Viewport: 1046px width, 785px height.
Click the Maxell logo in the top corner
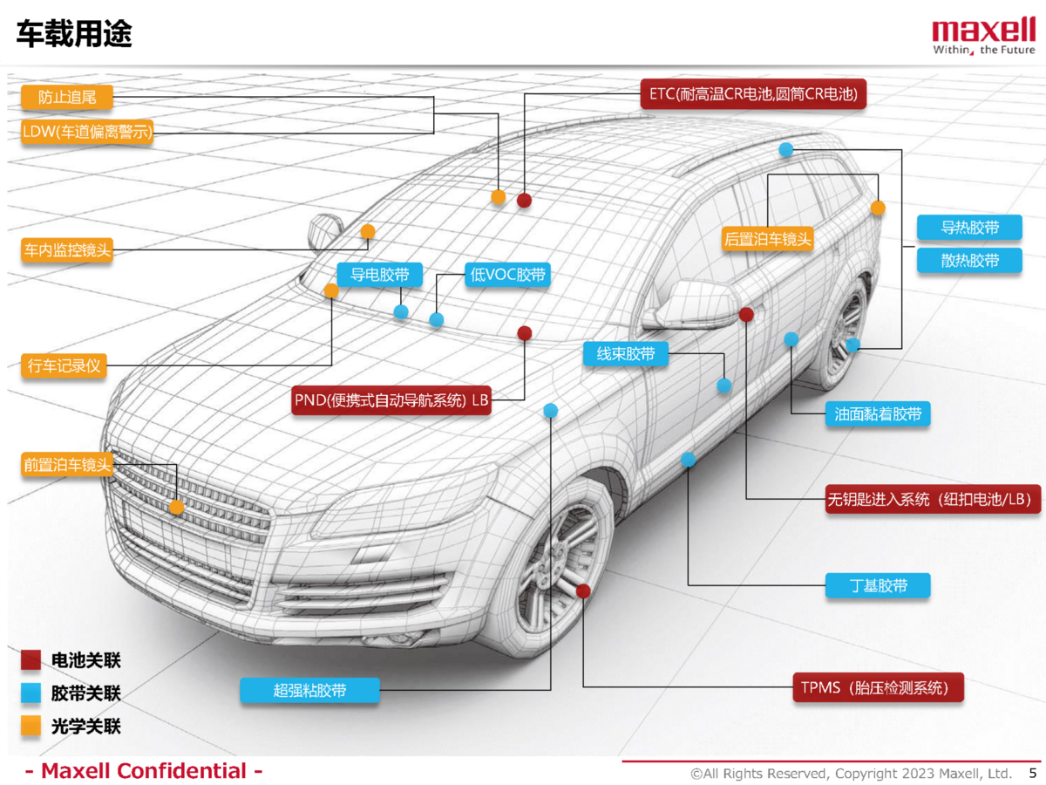tap(983, 37)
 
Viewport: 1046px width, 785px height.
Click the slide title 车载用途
tap(74, 34)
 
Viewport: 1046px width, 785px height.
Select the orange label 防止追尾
tap(67, 97)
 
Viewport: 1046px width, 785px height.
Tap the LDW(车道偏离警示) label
tap(87, 133)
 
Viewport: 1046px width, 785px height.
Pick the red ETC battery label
tap(753, 94)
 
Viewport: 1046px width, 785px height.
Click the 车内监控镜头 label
tap(67, 250)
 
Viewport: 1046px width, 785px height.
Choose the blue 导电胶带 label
tap(379, 275)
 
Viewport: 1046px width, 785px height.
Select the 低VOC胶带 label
tap(508, 275)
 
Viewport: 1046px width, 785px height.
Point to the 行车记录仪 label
tap(64, 365)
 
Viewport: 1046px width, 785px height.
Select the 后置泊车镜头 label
tap(768, 238)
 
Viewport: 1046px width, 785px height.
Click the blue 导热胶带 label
tap(969, 228)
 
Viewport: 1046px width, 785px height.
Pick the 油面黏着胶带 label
tap(878, 414)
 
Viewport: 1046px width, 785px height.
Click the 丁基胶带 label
tap(878, 585)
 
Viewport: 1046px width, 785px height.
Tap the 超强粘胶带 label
tap(309, 690)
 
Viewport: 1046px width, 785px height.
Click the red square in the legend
tap(31, 660)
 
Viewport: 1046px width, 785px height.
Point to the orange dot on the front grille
tap(176, 507)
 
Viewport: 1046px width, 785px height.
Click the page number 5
tap(1033, 772)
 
